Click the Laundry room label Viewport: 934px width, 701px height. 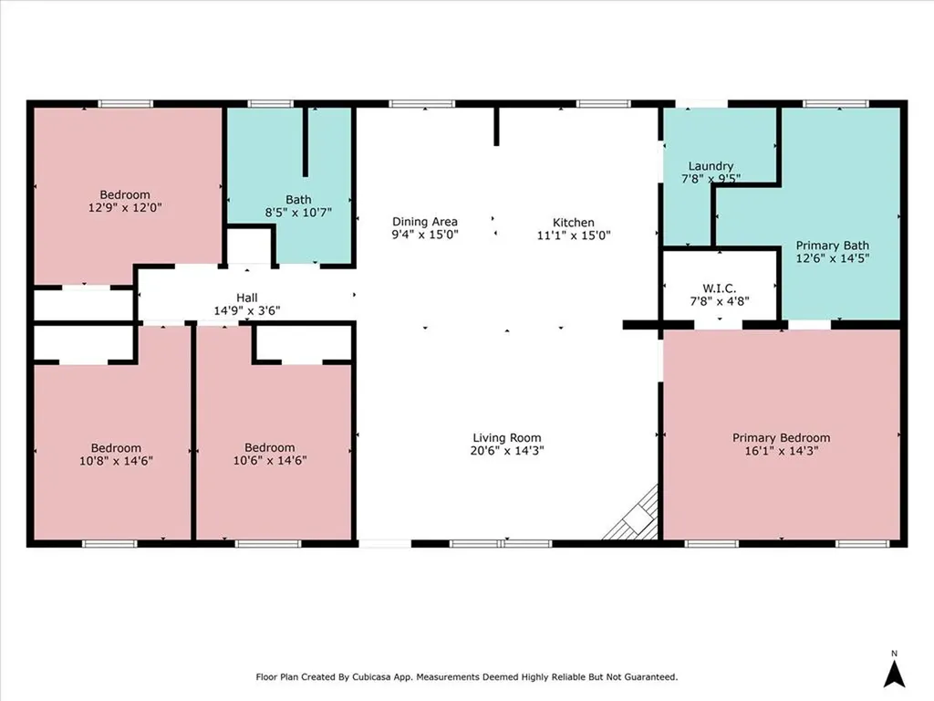click(x=711, y=166)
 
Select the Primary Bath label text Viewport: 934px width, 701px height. click(x=832, y=246)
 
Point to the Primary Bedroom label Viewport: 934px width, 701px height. click(x=781, y=438)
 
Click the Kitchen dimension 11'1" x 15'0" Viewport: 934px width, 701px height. click(x=573, y=235)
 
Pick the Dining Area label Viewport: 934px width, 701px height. click(x=424, y=222)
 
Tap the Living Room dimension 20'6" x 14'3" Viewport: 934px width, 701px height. click(x=508, y=450)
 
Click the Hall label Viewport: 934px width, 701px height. click(x=246, y=298)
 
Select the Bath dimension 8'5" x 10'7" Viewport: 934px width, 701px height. click(x=298, y=212)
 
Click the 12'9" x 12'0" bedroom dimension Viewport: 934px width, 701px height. click(x=125, y=207)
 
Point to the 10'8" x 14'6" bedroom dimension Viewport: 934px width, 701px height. click(x=116, y=461)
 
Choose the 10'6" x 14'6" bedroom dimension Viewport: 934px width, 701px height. click(x=270, y=461)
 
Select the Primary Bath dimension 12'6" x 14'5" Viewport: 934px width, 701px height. click(x=832, y=258)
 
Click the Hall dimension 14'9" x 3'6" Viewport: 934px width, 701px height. click(x=246, y=310)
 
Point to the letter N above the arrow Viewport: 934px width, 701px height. click(x=896, y=654)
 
